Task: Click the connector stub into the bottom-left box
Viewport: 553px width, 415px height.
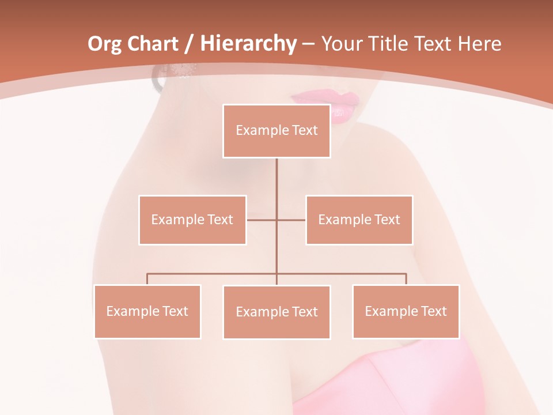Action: pos(147,279)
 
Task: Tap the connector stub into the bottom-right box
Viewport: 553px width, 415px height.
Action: pos(406,279)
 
